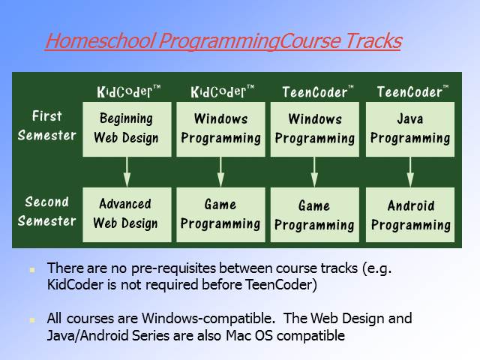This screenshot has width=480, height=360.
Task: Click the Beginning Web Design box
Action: click(x=127, y=129)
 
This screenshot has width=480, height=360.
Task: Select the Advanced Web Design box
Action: click(x=127, y=214)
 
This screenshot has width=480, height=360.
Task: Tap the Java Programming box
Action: click(x=410, y=129)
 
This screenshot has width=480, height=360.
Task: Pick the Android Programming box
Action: click(x=410, y=214)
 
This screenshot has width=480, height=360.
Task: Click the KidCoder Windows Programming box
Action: click(x=220, y=129)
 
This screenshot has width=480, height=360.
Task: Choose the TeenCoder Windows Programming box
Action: click(x=315, y=129)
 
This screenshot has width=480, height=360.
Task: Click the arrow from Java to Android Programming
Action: click(x=410, y=172)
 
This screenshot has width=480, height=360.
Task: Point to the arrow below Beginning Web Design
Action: click(x=127, y=172)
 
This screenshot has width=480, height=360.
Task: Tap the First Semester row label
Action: click(x=46, y=126)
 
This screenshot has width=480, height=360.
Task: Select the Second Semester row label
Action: click(x=46, y=211)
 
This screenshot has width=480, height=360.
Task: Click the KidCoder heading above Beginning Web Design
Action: click(x=128, y=91)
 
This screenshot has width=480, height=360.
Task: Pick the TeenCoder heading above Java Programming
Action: click(x=412, y=91)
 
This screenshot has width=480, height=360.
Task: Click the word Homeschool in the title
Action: click(x=100, y=40)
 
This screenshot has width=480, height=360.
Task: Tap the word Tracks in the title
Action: click(x=374, y=40)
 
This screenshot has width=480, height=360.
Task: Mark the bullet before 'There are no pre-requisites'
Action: click(x=31, y=270)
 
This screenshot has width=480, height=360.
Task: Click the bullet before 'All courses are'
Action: click(x=31, y=320)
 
